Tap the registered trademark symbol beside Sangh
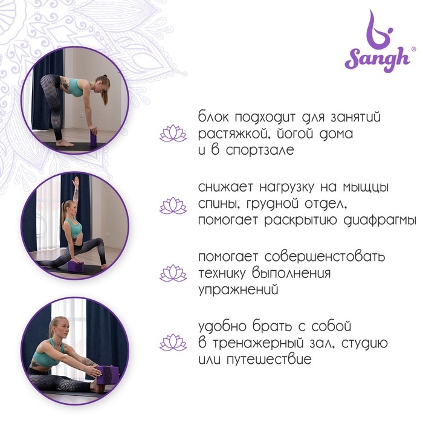tap(413, 49)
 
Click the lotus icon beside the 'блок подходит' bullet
tap(173, 134)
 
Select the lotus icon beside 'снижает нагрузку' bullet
tap(173, 205)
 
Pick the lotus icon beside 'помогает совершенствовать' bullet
tap(173, 273)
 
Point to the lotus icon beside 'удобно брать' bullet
tap(173, 343)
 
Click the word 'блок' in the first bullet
tap(213, 117)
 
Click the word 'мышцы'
tap(366, 187)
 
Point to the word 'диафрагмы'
tap(379, 221)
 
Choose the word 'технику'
tap(222, 273)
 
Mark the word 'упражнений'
tap(238, 290)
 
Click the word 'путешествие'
tap(269, 360)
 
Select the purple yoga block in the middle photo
tap(77, 266)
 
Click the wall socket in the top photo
tap(82, 115)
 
